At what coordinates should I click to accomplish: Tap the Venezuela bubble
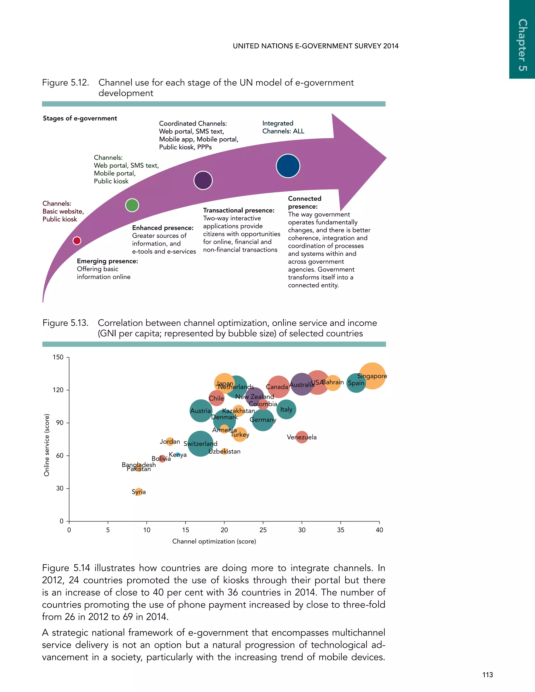click(302, 437)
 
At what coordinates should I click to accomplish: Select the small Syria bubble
click(138, 492)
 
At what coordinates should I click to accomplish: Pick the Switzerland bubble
click(200, 444)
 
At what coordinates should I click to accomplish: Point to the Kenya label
click(178, 455)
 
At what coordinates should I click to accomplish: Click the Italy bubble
click(286, 409)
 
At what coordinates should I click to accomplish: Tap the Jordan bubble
click(170, 441)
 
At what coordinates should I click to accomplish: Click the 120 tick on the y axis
click(58, 390)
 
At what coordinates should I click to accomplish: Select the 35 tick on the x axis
click(340, 530)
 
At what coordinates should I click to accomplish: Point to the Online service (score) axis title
click(46, 445)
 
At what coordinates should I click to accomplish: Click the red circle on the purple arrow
click(77, 241)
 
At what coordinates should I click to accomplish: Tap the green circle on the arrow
click(132, 205)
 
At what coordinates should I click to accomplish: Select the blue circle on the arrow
click(288, 166)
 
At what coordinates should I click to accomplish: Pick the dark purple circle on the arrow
click(203, 180)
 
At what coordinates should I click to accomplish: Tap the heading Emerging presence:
click(107, 261)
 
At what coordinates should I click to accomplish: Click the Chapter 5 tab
click(522, 44)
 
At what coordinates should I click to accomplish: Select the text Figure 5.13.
click(65, 323)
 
